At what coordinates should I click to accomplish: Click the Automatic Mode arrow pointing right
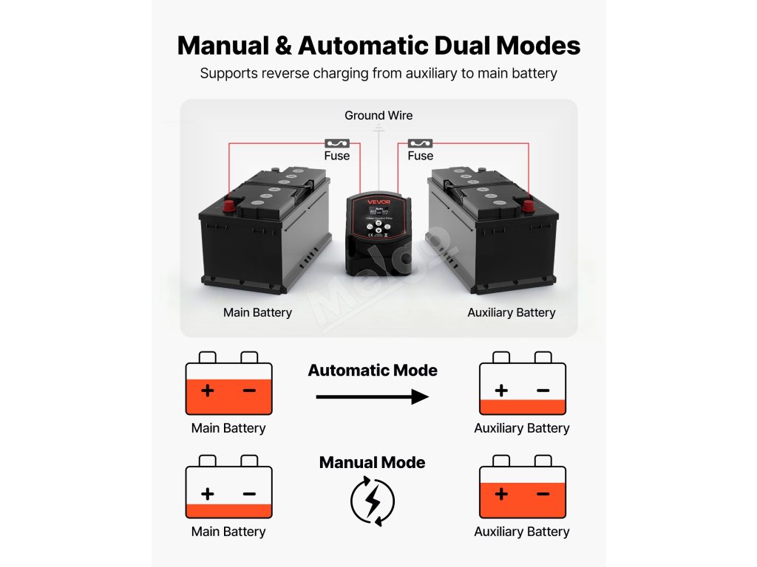pyautogui.click(x=372, y=397)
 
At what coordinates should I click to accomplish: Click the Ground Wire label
pyautogui.click(x=378, y=115)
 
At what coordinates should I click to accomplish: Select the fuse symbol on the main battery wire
pyautogui.click(x=336, y=143)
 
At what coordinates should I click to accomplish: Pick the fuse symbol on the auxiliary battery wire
pyautogui.click(x=420, y=143)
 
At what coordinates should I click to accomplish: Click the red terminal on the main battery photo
pyautogui.click(x=229, y=205)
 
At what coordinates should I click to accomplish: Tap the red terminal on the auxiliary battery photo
pyautogui.click(x=528, y=205)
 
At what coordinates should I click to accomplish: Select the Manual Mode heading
pyautogui.click(x=372, y=463)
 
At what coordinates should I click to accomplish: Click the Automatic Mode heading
pyautogui.click(x=373, y=371)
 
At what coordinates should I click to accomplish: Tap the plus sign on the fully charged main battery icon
pyautogui.click(x=208, y=390)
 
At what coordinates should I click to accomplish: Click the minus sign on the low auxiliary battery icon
pyautogui.click(x=543, y=390)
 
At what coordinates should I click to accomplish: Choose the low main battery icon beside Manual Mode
pyautogui.click(x=228, y=487)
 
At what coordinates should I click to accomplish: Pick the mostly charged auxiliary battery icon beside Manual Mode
pyautogui.click(x=522, y=487)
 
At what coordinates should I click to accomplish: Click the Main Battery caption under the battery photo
pyautogui.click(x=257, y=312)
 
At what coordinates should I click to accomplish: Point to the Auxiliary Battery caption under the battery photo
pyautogui.click(x=511, y=312)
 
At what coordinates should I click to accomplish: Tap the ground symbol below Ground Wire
pyautogui.click(x=378, y=128)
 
